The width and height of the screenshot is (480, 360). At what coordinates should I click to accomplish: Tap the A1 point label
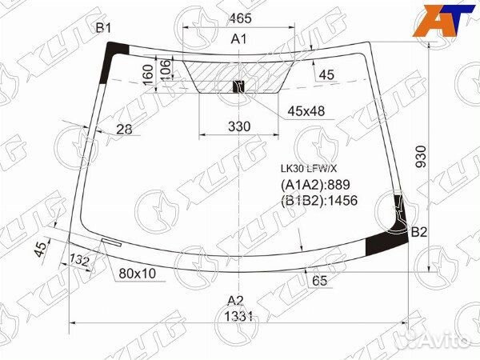tap(238, 39)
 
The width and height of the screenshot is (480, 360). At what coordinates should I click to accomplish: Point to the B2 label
tap(420, 233)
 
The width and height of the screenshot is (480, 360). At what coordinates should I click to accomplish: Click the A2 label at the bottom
tap(234, 301)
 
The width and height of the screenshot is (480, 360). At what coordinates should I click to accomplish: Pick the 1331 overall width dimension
tap(238, 316)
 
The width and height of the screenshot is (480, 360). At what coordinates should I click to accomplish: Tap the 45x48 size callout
tap(306, 111)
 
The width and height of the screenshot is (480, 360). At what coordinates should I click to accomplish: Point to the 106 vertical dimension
tap(164, 70)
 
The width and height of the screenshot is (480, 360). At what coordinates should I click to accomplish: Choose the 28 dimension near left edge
tap(123, 130)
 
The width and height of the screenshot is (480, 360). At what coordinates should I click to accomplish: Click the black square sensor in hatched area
tap(237, 86)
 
